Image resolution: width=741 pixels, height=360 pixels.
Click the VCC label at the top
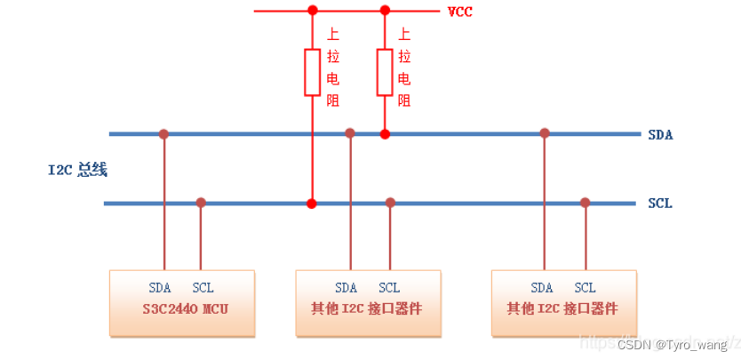point(459,12)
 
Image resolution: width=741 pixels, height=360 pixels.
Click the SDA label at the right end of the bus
point(660,135)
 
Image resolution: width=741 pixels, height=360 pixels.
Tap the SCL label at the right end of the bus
point(660,204)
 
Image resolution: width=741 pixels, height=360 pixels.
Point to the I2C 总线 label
point(78,170)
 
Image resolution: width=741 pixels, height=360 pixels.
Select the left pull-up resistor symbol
point(312,72)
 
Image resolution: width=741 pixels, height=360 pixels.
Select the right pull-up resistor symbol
point(385,72)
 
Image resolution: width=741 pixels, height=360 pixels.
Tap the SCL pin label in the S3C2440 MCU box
point(203,288)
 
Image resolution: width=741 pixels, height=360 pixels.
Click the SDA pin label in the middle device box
point(347,288)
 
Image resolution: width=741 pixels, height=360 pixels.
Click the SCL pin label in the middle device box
point(389,288)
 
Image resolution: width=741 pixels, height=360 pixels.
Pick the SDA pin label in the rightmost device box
point(542,288)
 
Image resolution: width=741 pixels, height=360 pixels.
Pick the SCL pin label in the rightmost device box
point(585,288)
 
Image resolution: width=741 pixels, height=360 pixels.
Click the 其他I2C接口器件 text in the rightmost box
point(562,309)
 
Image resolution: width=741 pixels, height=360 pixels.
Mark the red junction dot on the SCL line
point(312,204)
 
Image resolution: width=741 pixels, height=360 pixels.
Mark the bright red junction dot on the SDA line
point(385,134)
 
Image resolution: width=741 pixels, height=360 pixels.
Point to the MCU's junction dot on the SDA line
point(163,134)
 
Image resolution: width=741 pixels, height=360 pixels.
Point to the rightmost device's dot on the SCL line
point(585,203)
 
